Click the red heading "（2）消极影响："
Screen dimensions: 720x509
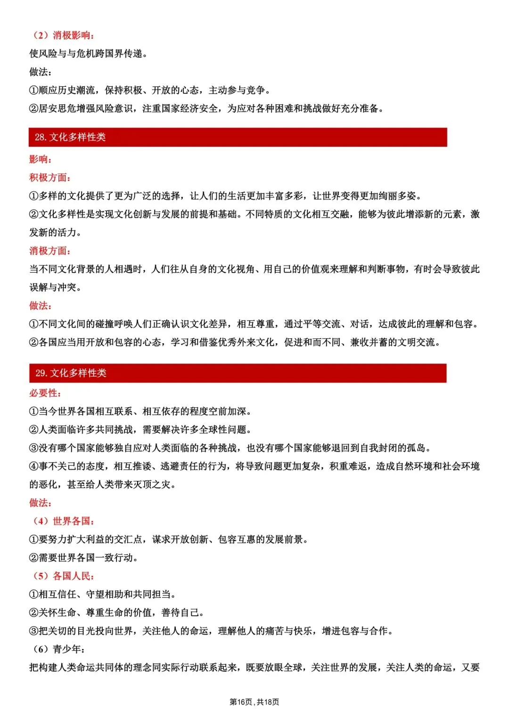(63, 35)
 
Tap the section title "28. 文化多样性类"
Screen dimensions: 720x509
(70, 137)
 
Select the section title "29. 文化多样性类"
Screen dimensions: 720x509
(71, 373)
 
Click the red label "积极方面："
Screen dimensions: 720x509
(50, 178)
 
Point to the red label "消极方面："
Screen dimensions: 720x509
(50, 251)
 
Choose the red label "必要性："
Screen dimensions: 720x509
(45, 393)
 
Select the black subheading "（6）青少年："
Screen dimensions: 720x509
(58, 649)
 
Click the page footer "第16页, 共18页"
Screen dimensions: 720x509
(254, 702)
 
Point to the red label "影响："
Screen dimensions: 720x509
(41, 159)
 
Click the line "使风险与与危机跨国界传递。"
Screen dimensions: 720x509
(89, 54)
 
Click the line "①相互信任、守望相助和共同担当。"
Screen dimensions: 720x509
(103, 595)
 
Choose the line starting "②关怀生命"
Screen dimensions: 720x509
(117, 613)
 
